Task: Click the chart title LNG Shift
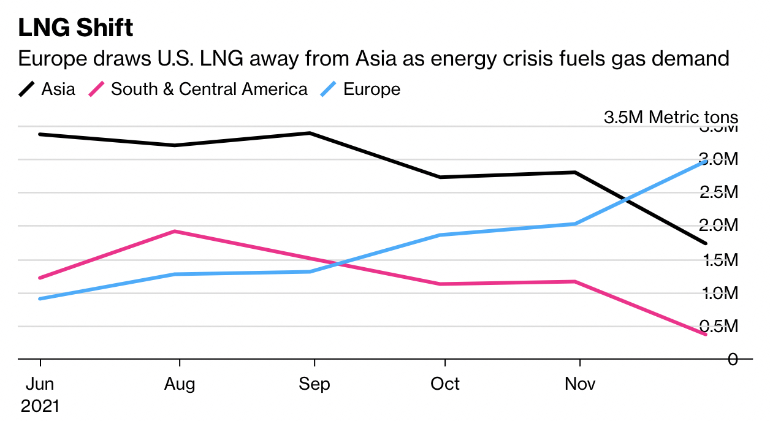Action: click(x=75, y=28)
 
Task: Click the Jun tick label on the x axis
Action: click(x=40, y=384)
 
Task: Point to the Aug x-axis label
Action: click(x=180, y=384)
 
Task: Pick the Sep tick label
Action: click(x=314, y=384)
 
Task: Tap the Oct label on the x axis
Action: click(x=444, y=384)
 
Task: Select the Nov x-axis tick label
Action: click(x=580, y=384)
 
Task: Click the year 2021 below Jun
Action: click(x=40, y=406)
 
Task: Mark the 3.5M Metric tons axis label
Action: click(x=671, y=118)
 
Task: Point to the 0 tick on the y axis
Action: click(x=732, y=359)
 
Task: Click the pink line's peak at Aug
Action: click(x=175, y=232)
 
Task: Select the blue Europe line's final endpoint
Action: click(x=706, y=161)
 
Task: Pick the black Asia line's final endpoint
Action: click(x=706, y=243)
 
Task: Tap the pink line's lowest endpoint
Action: click(x=706, y=334)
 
